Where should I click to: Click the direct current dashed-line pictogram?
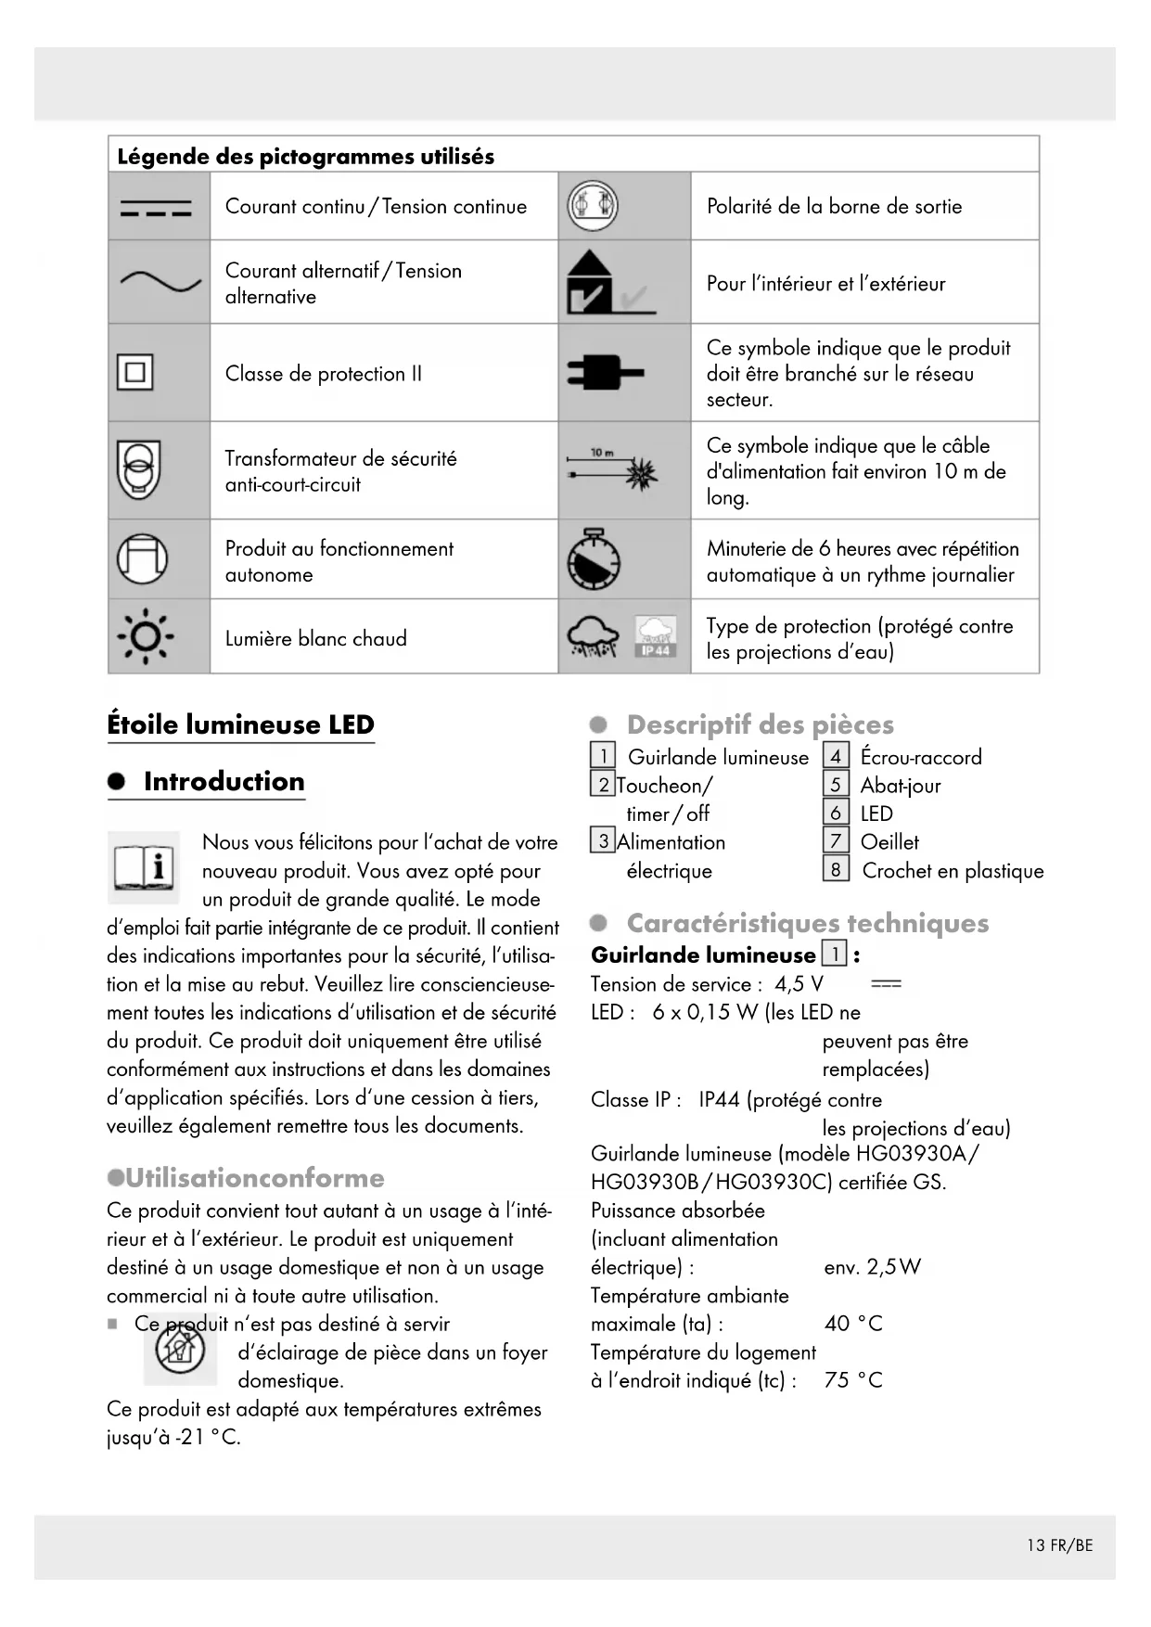(156, 208)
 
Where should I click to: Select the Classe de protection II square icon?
(135, 373)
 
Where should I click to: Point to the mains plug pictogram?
(605, 373)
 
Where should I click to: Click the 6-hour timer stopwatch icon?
(594, 560)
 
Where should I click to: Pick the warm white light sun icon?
(145, 637)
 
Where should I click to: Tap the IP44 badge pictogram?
(656, 638)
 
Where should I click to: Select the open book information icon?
(144, 867)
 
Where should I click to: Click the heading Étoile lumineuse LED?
(240, 724)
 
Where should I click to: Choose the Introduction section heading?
(224, 781)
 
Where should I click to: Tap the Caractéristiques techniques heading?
(807, 923)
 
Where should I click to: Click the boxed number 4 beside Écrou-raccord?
(836, 757)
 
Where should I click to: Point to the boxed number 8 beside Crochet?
(836, 870)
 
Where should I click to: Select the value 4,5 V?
(799, 984)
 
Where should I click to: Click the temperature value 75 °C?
(853, 1380)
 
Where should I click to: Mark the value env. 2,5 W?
(872, 1267)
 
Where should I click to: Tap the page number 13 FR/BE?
(1059, 1545)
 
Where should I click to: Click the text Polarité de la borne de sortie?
(834, 207)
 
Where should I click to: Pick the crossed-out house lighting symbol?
(180, 1350)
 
